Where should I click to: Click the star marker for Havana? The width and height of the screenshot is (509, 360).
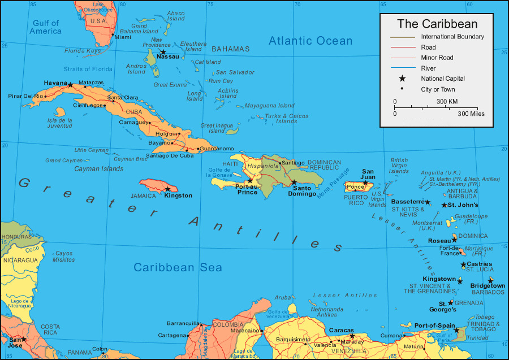point(70,85)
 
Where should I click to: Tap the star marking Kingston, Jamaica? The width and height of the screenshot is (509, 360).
point(167,189)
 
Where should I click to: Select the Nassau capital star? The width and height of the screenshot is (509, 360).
point(163,52)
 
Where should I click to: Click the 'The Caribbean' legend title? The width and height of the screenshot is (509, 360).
point(437,24)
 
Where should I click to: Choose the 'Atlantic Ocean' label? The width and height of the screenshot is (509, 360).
point(310,41)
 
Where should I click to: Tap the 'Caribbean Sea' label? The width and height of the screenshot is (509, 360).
point(178,267)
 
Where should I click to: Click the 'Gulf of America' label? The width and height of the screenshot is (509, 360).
point(46,27)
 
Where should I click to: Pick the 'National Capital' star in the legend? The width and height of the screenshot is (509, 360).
point(402,79)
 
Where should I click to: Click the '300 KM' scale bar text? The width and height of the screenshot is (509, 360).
point(447,102)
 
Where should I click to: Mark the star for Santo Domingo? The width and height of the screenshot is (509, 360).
point(294,182)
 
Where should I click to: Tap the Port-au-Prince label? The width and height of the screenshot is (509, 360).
point(247,189)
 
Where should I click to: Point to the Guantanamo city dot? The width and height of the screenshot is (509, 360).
point(198,149)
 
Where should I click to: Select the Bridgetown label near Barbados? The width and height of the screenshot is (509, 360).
point(488,286)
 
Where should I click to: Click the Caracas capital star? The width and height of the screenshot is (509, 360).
point(352,336)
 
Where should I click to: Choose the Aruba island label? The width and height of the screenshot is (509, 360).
point(282,297)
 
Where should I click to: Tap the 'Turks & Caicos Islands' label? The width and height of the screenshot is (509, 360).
point(287,119)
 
